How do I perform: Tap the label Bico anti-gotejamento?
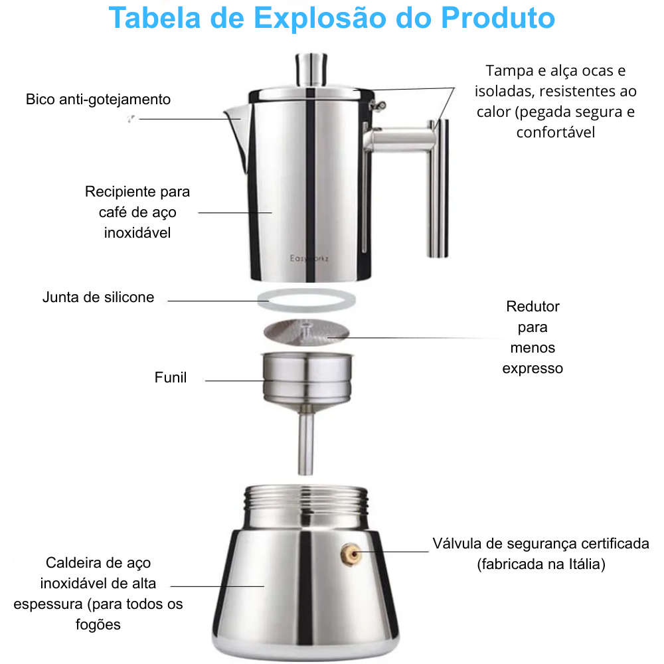[98, 100]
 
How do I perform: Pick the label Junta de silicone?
[98, 297]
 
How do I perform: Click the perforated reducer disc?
[306, 333]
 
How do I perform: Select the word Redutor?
[533, 307]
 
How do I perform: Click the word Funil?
[171, 378]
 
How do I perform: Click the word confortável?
[556, 132]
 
